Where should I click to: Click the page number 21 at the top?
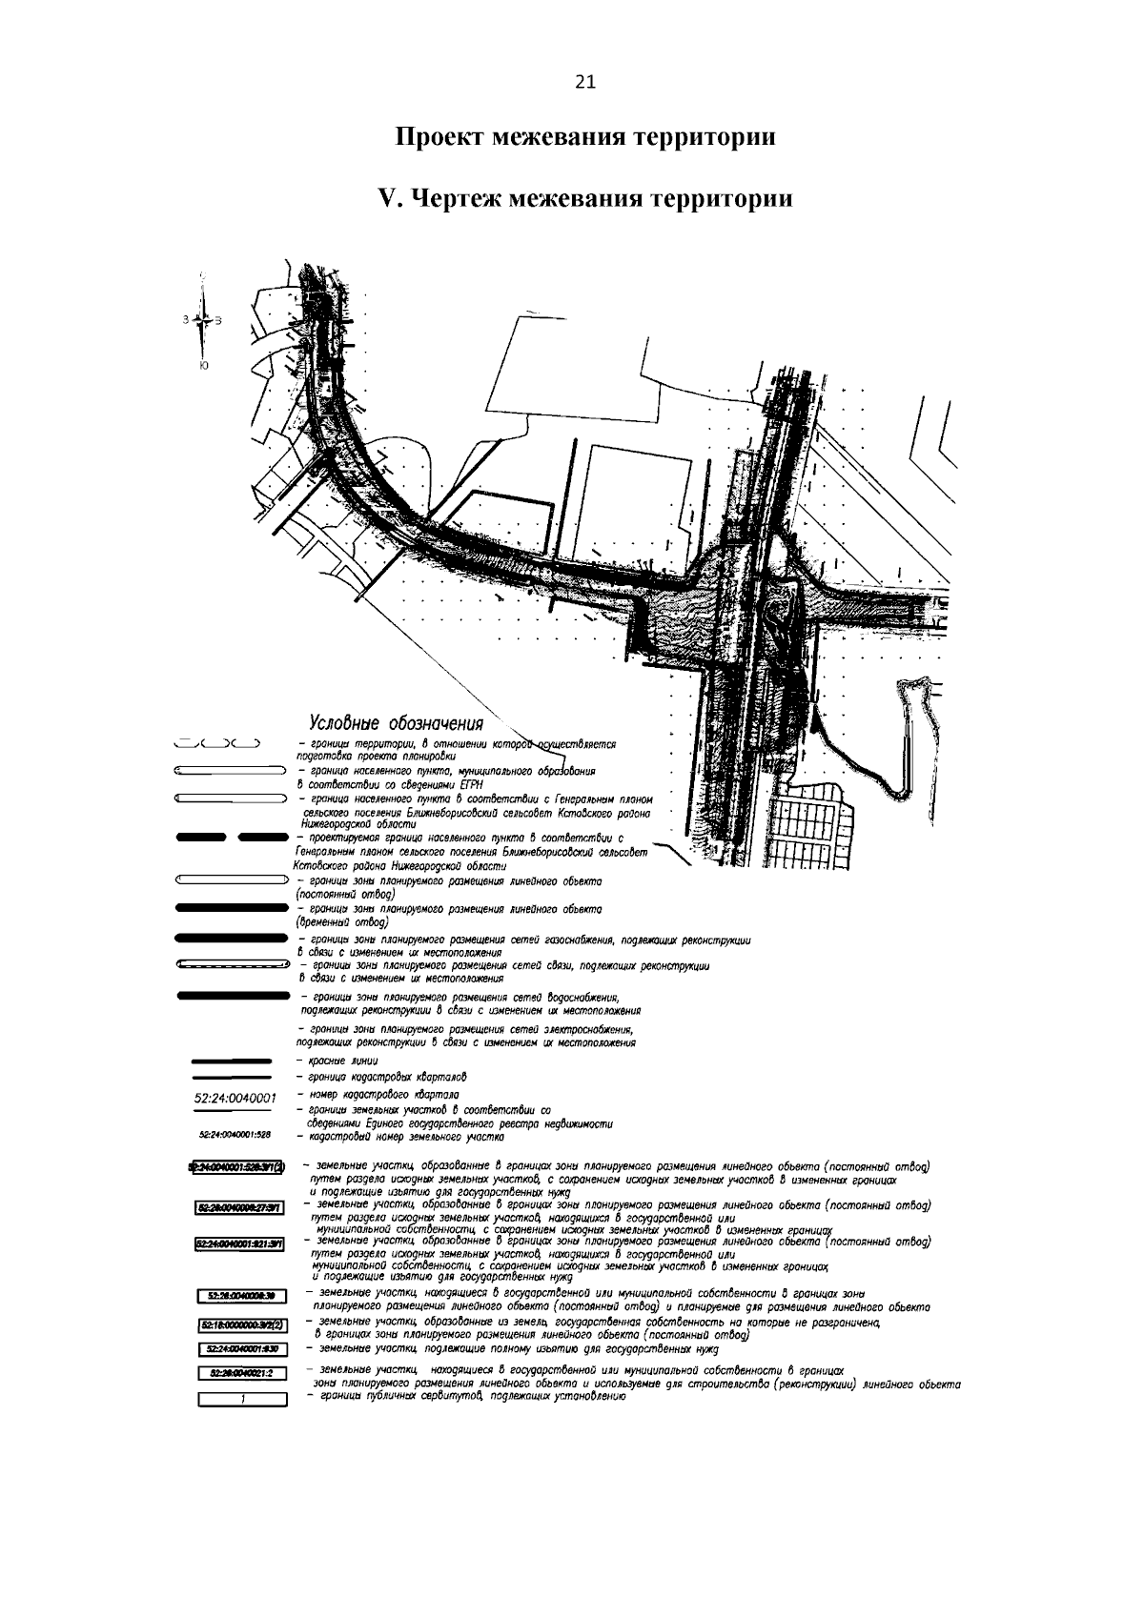click(x=585, y=83)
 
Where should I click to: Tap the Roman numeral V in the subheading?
click(x=386, y=199)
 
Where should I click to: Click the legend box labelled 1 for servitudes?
click(x=242, y=1399)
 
